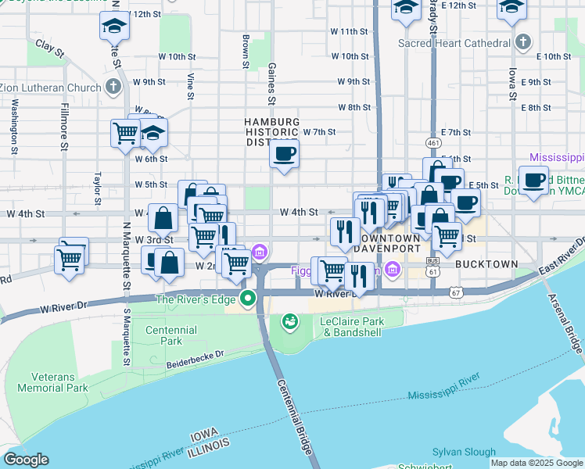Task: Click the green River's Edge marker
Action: [248, 299]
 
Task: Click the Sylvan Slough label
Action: [465, 452]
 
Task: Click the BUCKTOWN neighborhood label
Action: [486, 264]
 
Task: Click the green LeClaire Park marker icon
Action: [289, 321]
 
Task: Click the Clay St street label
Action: [49, 48]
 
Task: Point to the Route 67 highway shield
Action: [457, 292]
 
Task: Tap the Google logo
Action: [26, 460]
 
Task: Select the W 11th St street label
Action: [349, 31]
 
